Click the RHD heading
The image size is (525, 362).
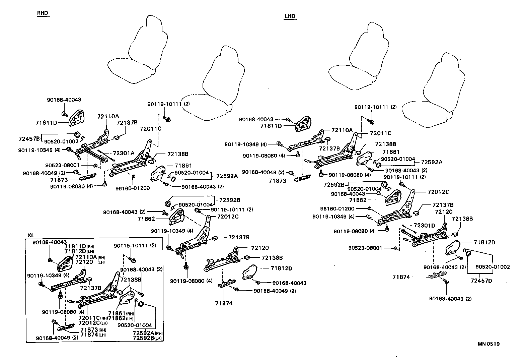click(43, 13)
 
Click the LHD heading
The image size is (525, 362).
click(290, 16)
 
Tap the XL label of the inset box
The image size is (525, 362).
click(31, 235)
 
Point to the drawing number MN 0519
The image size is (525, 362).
click(489, 344)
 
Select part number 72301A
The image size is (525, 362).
click(123, 153)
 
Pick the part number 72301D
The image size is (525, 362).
click(424, 225)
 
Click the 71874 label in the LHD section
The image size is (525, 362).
click(401, 277)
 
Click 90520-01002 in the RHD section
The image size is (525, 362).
click(61, 141)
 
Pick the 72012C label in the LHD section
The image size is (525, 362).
click(438, 192)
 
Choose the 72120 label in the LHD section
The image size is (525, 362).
click(444, 212)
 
